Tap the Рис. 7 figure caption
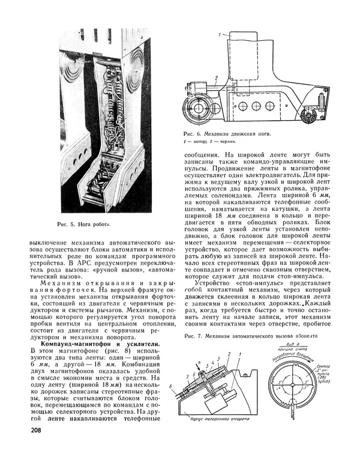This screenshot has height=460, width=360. (251, 336)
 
